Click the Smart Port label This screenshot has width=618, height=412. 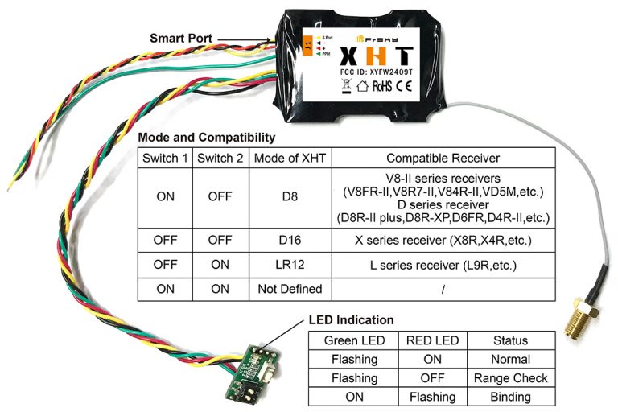[x=182, y=38]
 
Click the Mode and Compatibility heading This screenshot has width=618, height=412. [x=207, y=138]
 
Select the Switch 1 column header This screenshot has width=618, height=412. [x=164, y=159]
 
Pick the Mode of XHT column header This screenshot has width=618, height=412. [x=289, y=159]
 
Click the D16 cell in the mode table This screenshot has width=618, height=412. [x=289, y=239]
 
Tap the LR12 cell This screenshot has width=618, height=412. [x=289, y=264]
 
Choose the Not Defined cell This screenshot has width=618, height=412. [x=289, y=288]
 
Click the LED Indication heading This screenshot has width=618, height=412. [x=352, y=320]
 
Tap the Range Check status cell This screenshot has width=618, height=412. [x=510, y=378]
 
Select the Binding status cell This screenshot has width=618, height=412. [x=510, y=397]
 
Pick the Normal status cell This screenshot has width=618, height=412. [x=510, y=360]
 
